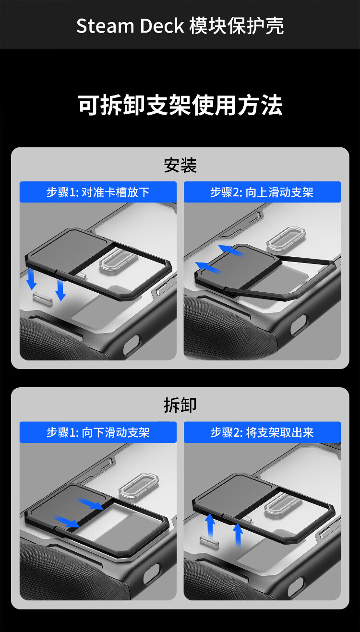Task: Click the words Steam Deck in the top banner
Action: coord(130,26)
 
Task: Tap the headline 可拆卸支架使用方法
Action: coord(180,105)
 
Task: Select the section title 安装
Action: coord(180,165)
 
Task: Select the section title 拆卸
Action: coord(180,405)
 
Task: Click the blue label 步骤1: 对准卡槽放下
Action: coord(98,192)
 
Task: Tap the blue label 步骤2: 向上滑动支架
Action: coord(262,192)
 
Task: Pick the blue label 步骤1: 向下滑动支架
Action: coord(98,432)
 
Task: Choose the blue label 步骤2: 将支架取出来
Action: coord(262,432)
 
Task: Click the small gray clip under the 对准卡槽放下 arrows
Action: coord(43,299)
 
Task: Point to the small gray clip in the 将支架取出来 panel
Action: coord(209,543)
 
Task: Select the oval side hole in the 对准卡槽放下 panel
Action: coord(132,344)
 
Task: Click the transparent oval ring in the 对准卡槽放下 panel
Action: coord(118,262)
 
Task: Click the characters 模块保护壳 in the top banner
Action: coord(237,26)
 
